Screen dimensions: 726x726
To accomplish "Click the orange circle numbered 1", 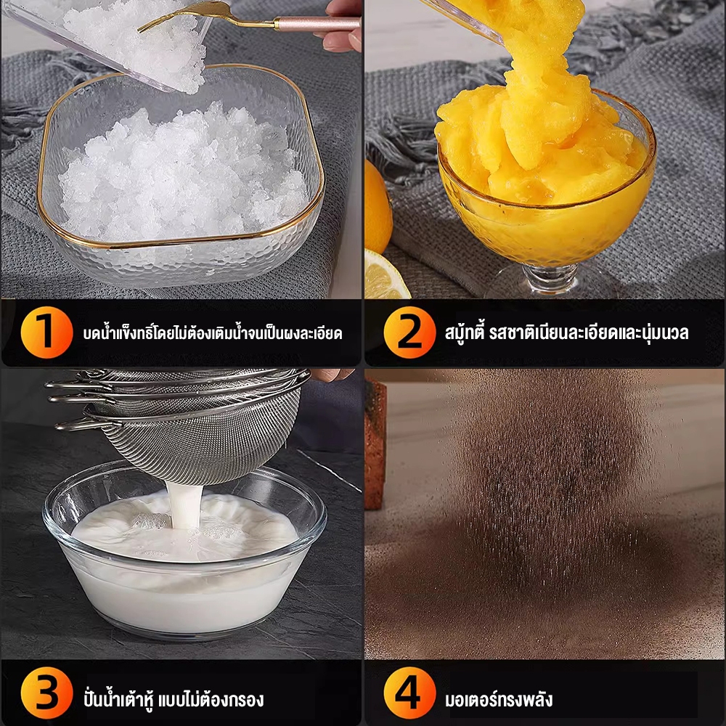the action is (x=46, y=332).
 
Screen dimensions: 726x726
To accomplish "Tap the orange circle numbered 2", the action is (x=409, y=332).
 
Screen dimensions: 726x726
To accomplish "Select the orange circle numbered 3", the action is (x=46, y=693).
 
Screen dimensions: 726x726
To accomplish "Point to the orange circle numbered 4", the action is (x=409, y=693).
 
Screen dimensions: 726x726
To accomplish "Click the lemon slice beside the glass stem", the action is (x=384, y=275).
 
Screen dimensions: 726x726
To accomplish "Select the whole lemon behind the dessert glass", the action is (x=378, y=207).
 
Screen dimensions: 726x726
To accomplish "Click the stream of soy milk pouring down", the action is (x=186, y=505).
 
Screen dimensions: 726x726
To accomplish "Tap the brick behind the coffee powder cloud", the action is (x=375, y=444).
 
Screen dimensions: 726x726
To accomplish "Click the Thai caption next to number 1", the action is (x=213, y=333).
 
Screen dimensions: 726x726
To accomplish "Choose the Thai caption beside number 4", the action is (x=499, y=698).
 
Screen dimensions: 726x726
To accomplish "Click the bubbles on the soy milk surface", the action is (x=149, y=521).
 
